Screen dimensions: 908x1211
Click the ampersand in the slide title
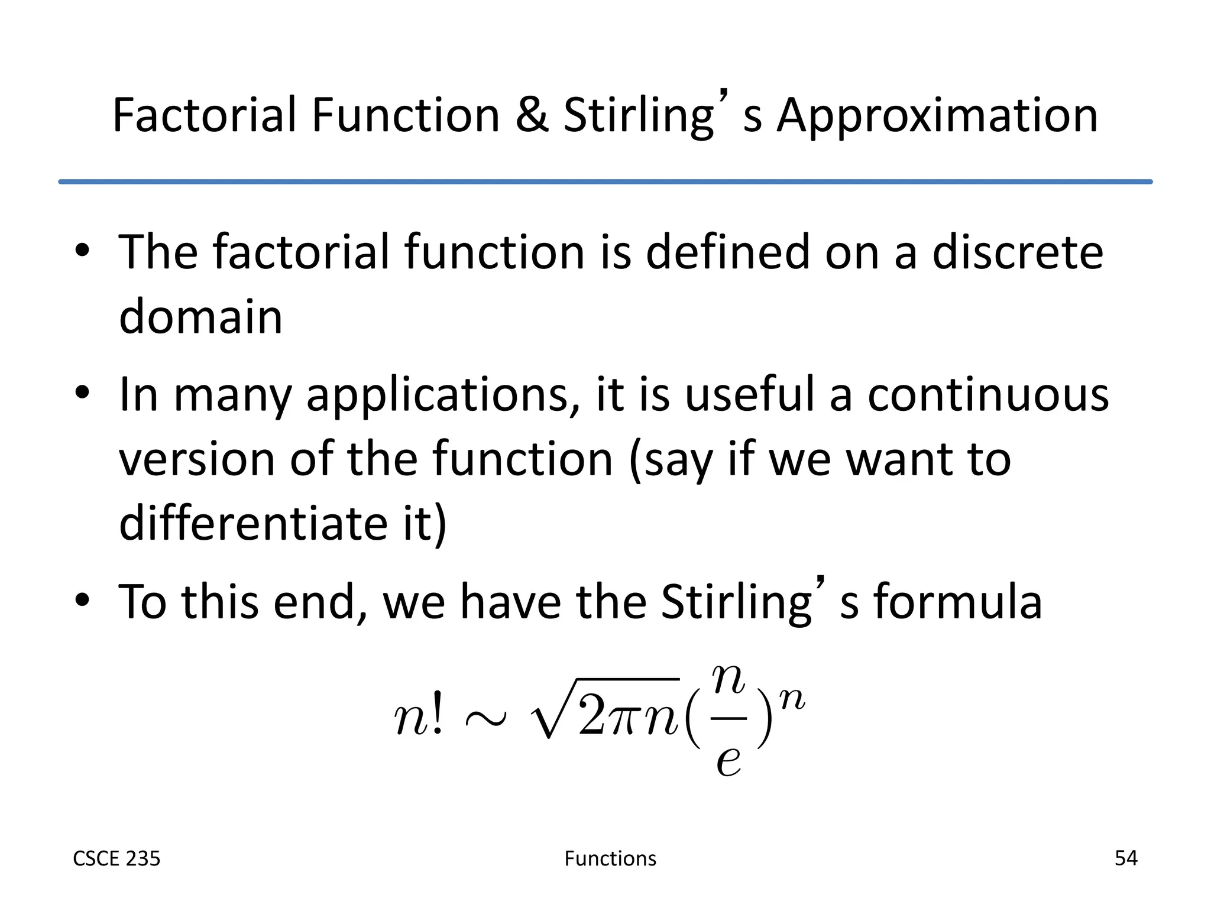[x=532, y=115]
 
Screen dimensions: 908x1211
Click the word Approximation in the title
[x=937, y=116]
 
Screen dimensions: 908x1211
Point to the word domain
[x=200, y=316]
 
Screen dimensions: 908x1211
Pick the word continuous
[x=988, y=394]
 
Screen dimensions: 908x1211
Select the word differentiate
[x=253, y=523]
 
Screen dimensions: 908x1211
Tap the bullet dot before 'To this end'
[x=82, y=601]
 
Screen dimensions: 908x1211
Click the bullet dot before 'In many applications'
[x=82, y=393]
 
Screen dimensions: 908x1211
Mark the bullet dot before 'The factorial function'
[x=82, y=250]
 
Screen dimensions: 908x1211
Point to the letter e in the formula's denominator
[x=728, y=759]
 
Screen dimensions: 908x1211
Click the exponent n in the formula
[x=792, y=699]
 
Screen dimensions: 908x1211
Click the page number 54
[x=1125, y=858]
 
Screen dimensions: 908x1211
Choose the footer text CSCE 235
[x=116, y=858]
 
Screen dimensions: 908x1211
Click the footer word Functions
[x=610, y=858]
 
